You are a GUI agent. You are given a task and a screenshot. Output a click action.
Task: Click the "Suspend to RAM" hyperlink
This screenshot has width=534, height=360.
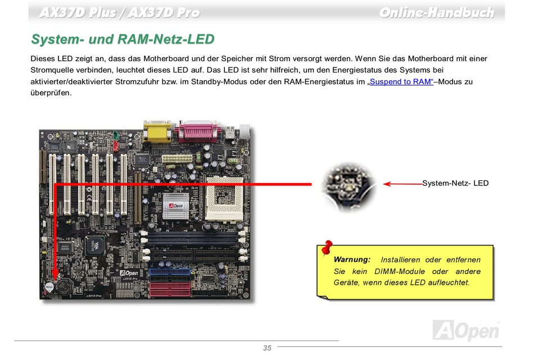tap(400, 82)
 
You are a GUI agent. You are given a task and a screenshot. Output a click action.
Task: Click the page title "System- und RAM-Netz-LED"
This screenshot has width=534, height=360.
tap(123, 39)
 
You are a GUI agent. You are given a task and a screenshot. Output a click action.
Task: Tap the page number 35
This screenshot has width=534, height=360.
tap(267, 348)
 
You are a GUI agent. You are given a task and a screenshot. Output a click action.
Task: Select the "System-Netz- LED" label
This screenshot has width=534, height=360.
tap(455, 183)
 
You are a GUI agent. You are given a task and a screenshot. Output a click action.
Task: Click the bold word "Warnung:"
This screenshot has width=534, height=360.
tap(352, 259)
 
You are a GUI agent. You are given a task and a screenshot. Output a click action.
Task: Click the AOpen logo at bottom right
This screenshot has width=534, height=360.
tap(466, 330)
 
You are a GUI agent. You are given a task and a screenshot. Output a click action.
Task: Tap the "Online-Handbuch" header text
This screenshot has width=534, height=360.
tap(436, 12)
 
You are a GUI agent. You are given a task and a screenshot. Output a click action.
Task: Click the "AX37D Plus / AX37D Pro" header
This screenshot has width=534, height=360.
tap(119, 12)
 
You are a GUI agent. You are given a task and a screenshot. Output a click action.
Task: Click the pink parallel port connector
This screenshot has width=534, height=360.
tap(196, 133)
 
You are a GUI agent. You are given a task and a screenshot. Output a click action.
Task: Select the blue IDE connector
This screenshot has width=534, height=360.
tap(170, 275)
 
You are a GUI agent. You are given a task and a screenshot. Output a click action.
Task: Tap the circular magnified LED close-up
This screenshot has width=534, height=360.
tap(347, 185)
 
